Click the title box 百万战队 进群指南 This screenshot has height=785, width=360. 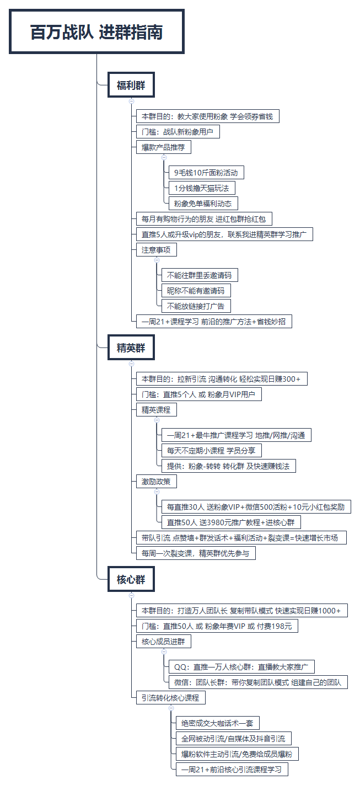pos(96,31)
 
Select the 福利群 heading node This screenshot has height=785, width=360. pos(131,85)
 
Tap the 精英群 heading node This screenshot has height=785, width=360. pos(131,348)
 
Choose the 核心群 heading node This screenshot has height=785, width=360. pos(131,579)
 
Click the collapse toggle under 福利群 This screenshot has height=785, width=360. pos(132,102)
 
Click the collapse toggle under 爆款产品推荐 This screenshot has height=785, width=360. pos(164,157)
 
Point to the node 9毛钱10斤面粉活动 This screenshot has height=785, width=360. pos(206,173)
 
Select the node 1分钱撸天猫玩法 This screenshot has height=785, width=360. pos(202,188)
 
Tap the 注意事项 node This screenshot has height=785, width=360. pos(156,249)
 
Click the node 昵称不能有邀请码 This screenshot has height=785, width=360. pos(196,291)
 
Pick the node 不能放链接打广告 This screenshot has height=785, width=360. pos(196,306)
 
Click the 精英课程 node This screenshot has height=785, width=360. pos(156,410)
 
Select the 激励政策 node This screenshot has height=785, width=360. pos(156,482)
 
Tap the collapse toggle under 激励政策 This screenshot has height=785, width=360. pos(157,492)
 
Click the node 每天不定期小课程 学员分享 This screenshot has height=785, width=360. pos(212,450)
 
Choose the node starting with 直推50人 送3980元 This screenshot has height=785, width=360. pos(231,522)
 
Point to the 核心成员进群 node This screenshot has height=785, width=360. pos(164,642)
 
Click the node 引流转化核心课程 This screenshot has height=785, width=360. pos(170,698)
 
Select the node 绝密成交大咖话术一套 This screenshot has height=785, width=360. pos(217,723)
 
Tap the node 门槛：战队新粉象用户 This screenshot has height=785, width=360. pos(178,132)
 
